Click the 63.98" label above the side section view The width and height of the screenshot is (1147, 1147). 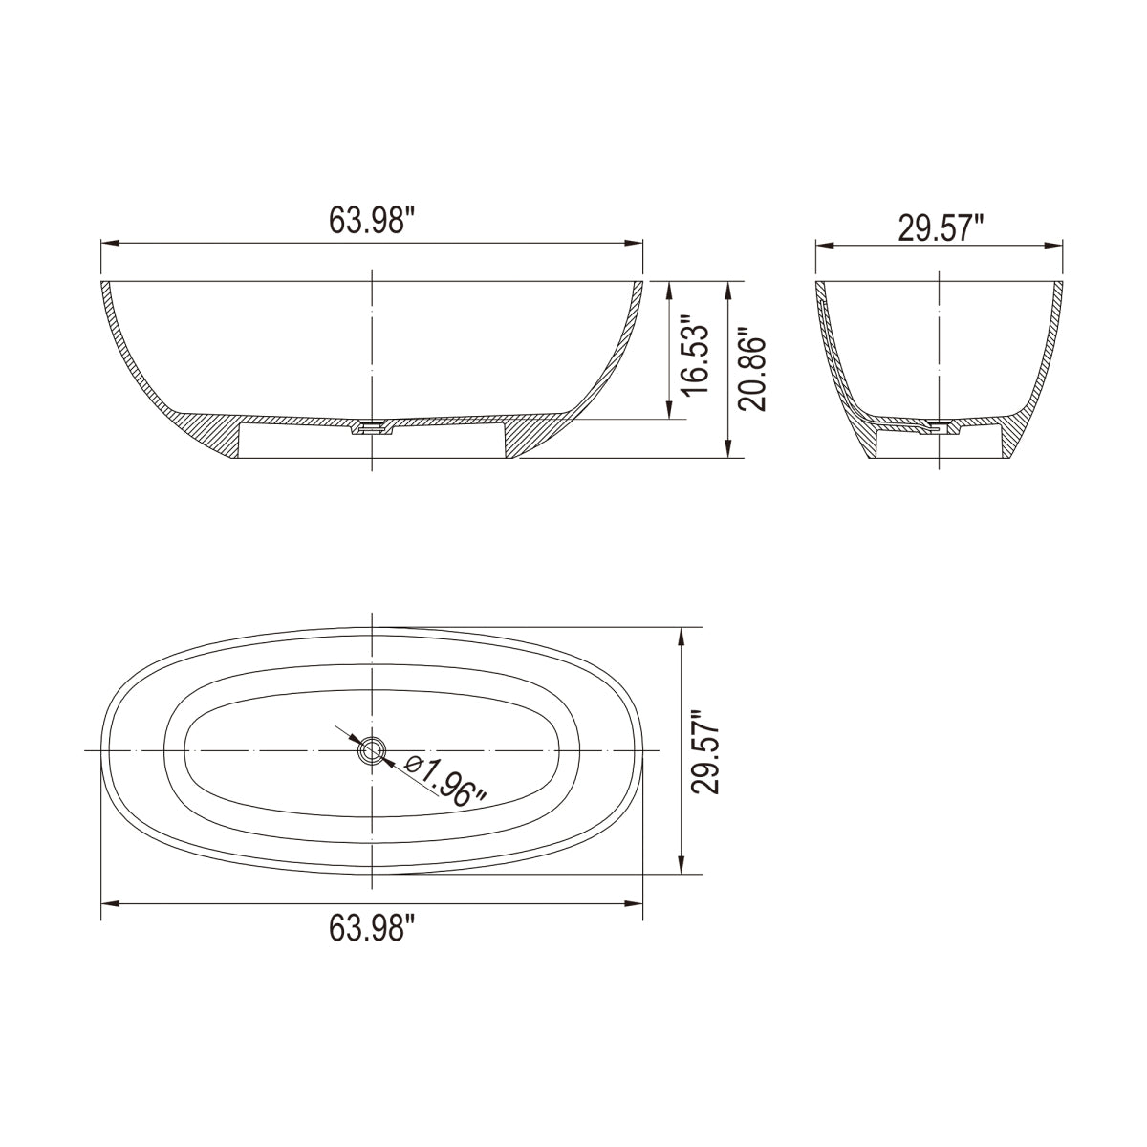(372, 221)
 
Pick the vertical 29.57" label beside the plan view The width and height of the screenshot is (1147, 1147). (708, 751)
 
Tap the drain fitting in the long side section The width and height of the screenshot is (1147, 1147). (372, 429)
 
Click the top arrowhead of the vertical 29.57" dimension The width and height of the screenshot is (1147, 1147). (680, 636)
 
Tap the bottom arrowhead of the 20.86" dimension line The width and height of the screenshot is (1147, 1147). (730, 451)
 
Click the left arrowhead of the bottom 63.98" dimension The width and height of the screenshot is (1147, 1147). (108, 902)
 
